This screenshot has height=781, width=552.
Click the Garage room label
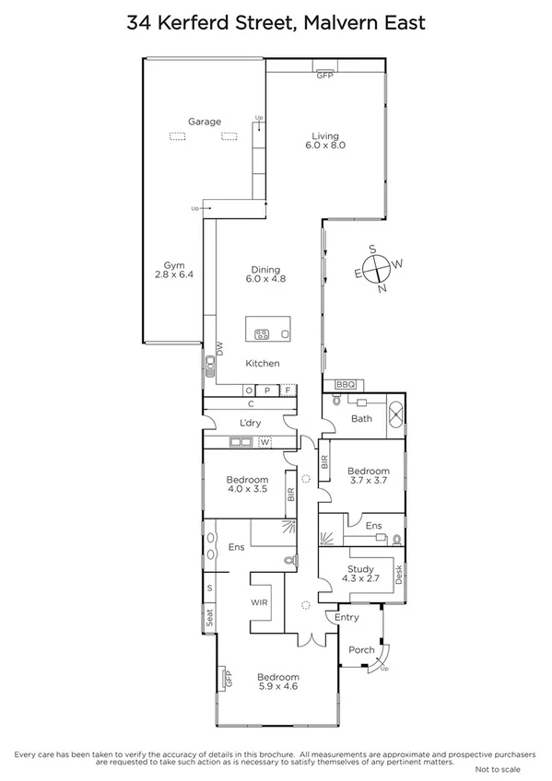[205, 122]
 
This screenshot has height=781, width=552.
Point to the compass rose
[377, 269]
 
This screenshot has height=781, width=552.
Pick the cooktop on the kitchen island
[261, 334]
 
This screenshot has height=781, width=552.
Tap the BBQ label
[346, 384]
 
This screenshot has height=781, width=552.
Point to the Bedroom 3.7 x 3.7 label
[368, 476]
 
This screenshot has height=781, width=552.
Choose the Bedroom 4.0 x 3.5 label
[246, 484]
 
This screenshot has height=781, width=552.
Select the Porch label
[361, 649]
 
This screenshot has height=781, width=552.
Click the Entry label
[346, 617]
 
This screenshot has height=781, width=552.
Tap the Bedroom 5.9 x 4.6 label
[277, 682]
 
